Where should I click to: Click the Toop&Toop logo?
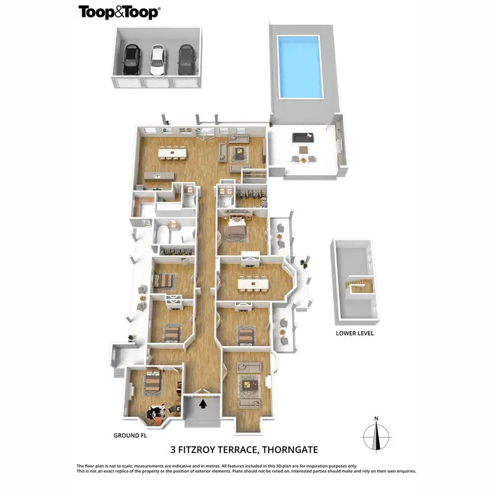click(x=119, y=12)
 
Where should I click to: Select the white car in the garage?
click(x=158, y=59)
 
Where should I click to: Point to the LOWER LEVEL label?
click(x=355, y=333)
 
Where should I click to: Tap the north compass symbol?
click(x=376, y=434)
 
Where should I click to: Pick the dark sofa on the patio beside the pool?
click(x=303, y=138)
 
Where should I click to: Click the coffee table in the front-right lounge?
click(x=248, y=385)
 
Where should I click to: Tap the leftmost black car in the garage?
click(x=131, y=59)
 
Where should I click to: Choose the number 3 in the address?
click(x=174, y=449)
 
